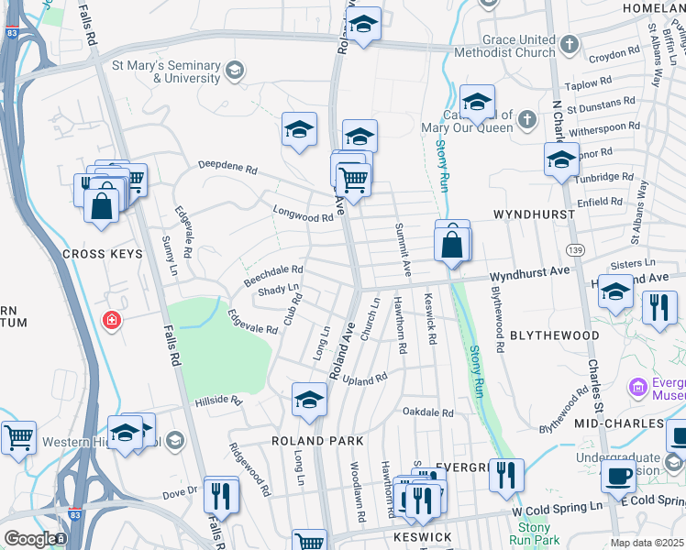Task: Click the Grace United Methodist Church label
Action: [x=520, y=47]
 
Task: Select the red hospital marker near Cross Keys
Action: [x=112, y=321]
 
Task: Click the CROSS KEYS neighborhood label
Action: [x=102, y=253]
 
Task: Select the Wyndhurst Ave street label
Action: [x=529, y=273]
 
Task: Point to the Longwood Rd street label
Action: [x=303, y=214]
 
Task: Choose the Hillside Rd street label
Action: [x=217, y=401]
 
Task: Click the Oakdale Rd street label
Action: [x=428, y=412]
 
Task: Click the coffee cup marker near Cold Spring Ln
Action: [x=619, y=476]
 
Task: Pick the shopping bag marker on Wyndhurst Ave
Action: [x=452, y=245]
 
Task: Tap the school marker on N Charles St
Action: [x=561, y=160]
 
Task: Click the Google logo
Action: [x=29, y=539]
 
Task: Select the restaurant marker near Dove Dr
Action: [x=221, y=496]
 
